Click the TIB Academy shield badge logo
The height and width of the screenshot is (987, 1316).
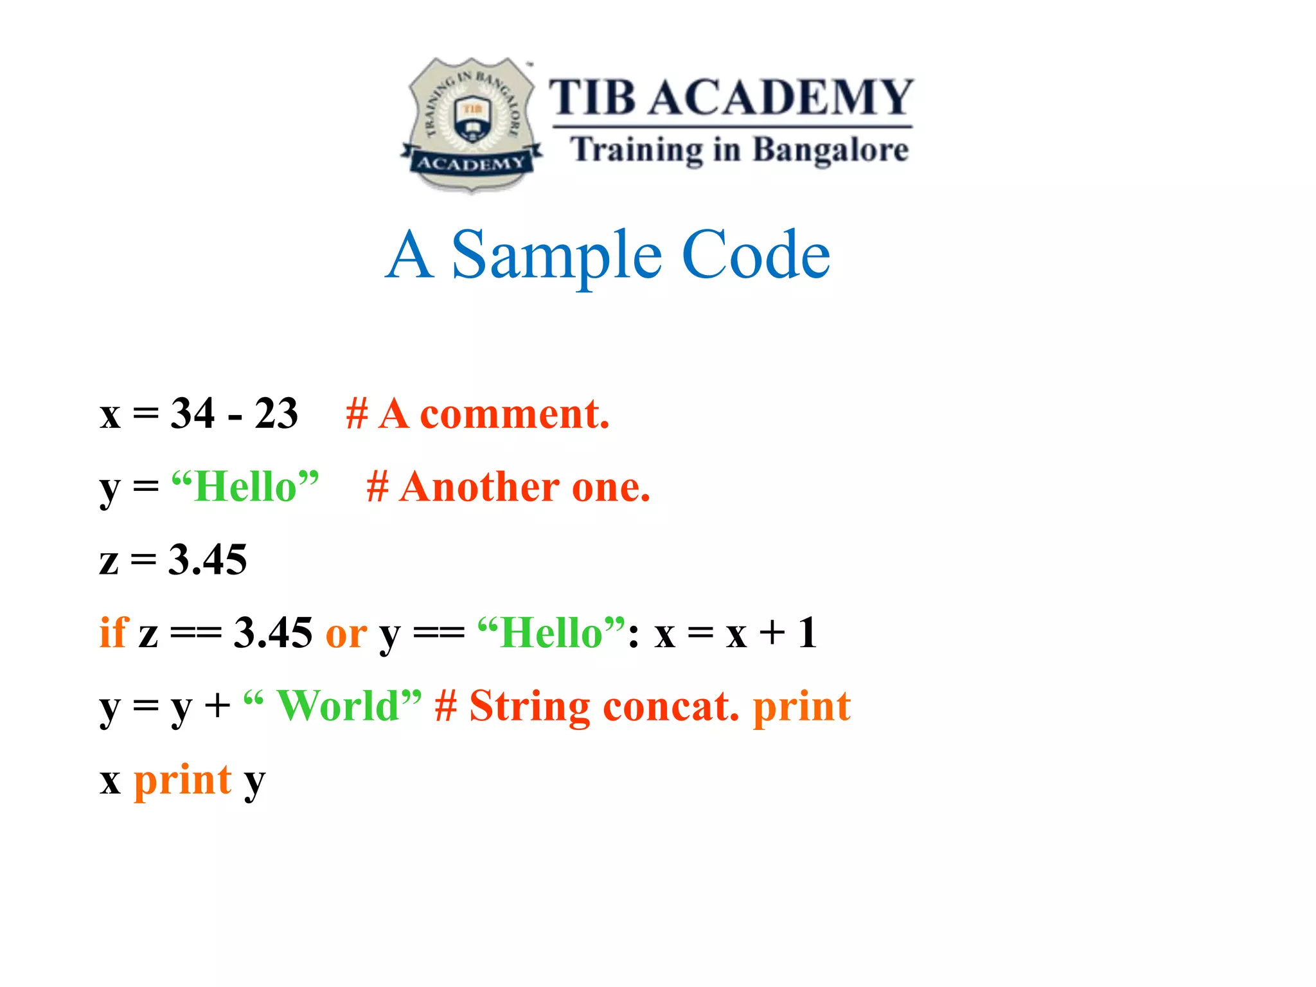coord(472,124)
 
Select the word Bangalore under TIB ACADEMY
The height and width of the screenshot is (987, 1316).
coord(830,150)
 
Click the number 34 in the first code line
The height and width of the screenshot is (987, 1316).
coord(192,413)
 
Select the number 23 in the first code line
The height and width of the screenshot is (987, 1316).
coord(276,413)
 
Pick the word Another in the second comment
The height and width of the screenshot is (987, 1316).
coord(479,487)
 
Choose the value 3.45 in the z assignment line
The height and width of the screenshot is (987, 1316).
coord(208,560)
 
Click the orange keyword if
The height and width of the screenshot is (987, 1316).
coord(114,632)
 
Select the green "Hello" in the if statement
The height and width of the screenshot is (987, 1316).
coord(551,633)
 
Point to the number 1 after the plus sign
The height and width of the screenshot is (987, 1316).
coord(808,633)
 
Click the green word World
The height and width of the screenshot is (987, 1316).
coord(338,706)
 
